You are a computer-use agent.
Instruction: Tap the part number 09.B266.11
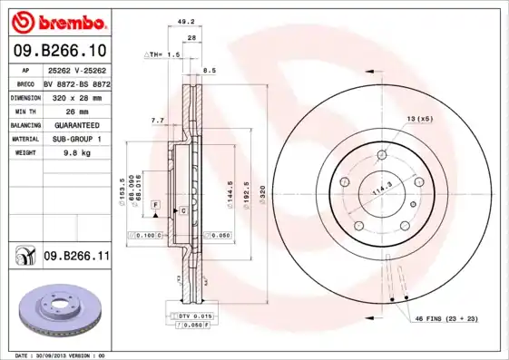(x=76, y=257)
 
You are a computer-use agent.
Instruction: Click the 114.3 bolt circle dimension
(x=383, y=189)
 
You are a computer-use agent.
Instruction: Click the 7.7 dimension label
(x=156, y=120)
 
